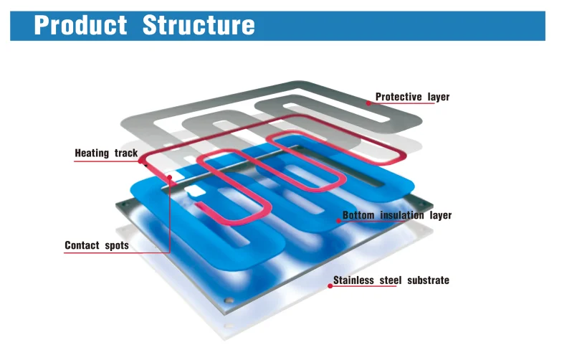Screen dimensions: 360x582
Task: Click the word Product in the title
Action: [x=80, y=25]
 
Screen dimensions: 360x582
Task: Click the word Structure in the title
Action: [x=199, y=25]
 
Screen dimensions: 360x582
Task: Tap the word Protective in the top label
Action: [x=399, y=97]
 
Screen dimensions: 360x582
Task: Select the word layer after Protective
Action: [x=439, y=97]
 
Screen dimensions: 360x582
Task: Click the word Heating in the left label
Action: [x=92, y=153]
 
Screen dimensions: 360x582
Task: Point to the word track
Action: [x=126, y=153]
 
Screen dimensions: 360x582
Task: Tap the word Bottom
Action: [x=358, y=215]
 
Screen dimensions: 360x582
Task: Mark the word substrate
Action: [x=428, y=280]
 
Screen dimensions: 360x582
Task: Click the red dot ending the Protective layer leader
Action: [x=368, y=103]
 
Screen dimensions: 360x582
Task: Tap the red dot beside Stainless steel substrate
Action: [x=330, y=285]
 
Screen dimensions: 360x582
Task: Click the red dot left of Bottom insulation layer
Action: [x=337, y=221]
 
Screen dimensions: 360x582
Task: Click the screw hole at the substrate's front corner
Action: [x=228, y=300]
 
